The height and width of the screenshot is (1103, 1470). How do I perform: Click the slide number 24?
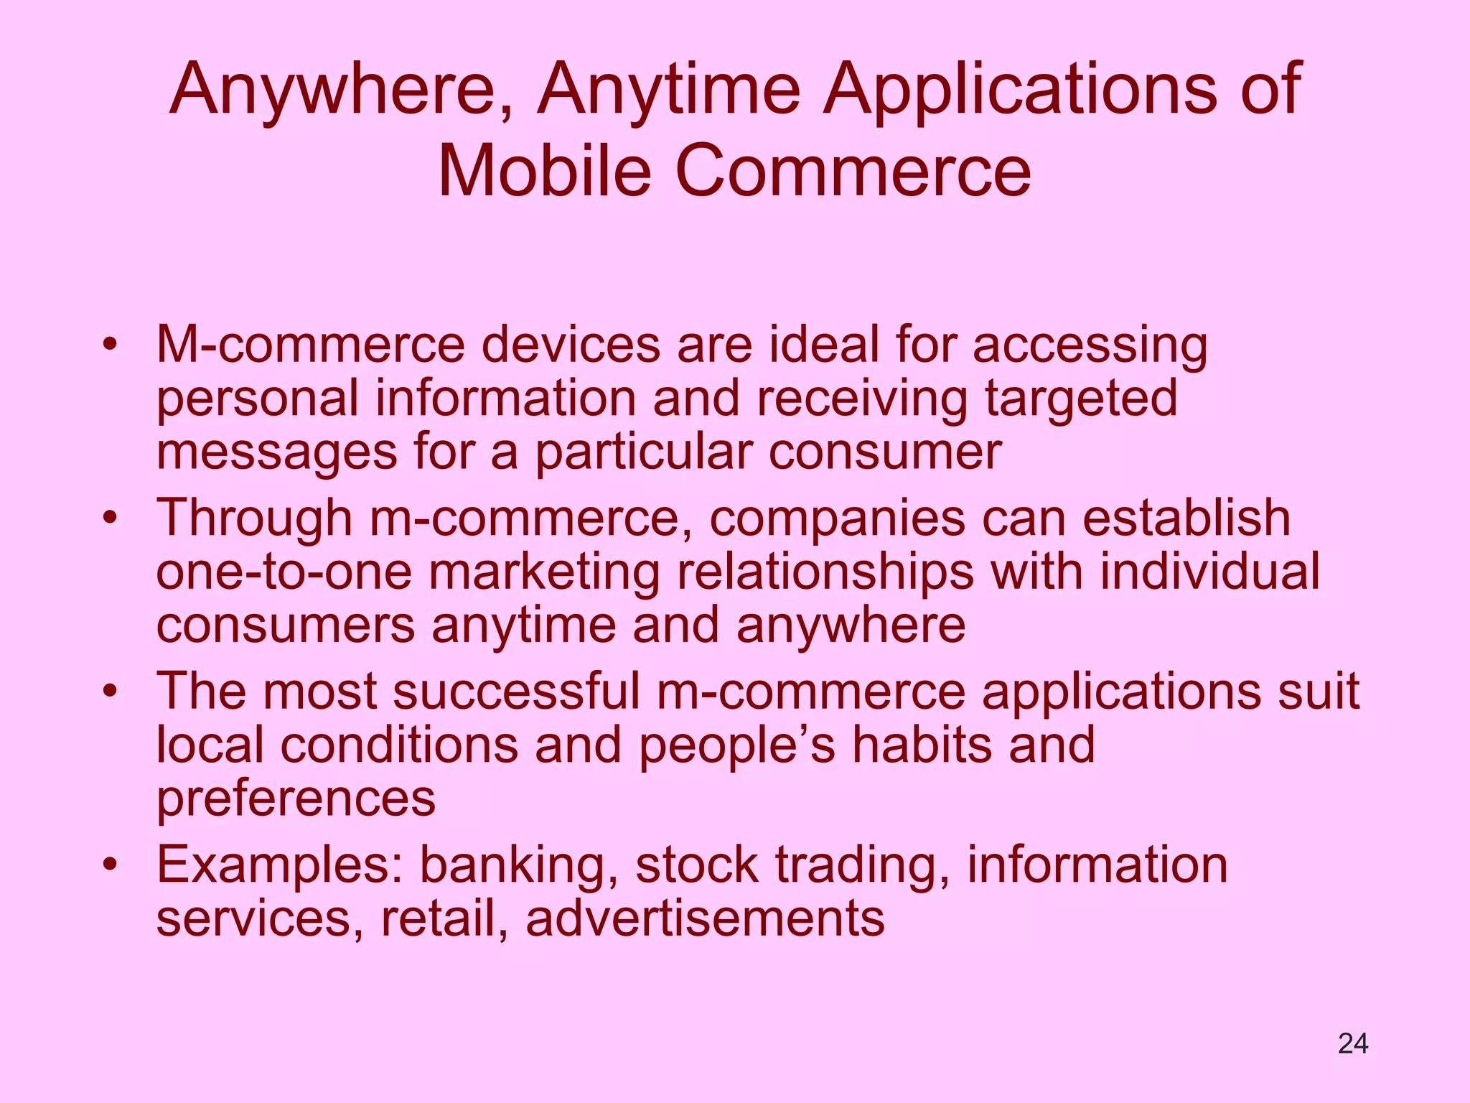(1353, 1043)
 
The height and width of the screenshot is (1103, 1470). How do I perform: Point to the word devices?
(571, 345)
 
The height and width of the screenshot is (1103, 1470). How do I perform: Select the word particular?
(643, 453)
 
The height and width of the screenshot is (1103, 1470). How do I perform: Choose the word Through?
(254, 518)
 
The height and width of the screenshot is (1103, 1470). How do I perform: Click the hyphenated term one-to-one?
(284, 572)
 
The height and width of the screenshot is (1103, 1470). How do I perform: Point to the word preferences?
(296, 799)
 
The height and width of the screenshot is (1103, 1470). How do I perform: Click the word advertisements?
(705, 918)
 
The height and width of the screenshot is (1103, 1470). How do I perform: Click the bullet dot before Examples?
(109, 865)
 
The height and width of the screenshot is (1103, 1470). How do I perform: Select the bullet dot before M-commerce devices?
(109, 345)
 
